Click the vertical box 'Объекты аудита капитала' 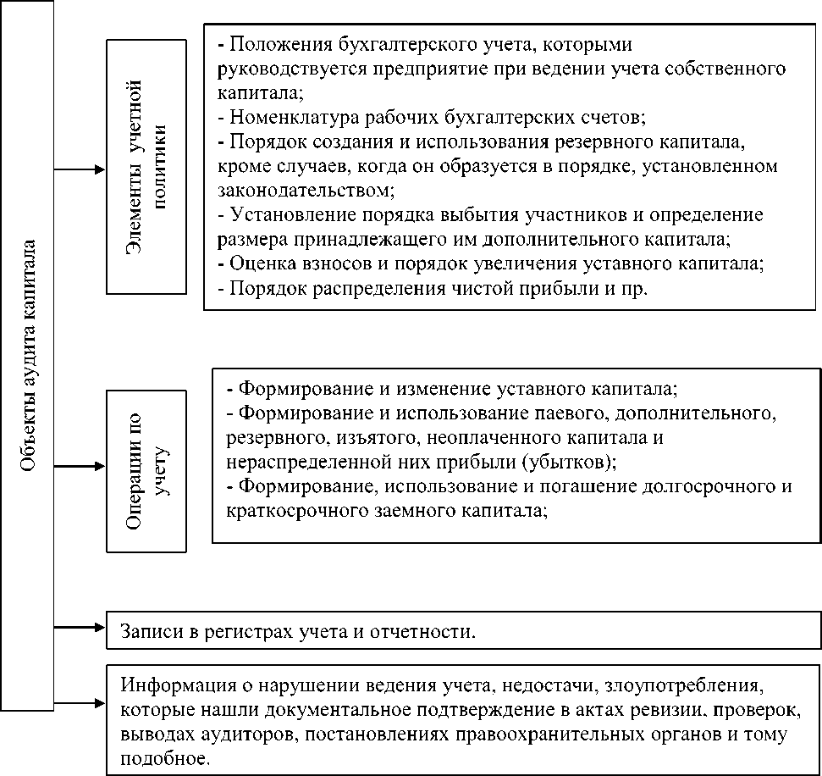(x=27, y=356)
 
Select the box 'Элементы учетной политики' (x=146, y=166)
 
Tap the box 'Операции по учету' (x=146, y=471)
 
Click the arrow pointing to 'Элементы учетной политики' (x=80, y=169)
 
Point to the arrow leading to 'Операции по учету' (x=80, y=467)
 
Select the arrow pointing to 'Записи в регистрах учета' (x=80, y=628)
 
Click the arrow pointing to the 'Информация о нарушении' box (x=80, y=702)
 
